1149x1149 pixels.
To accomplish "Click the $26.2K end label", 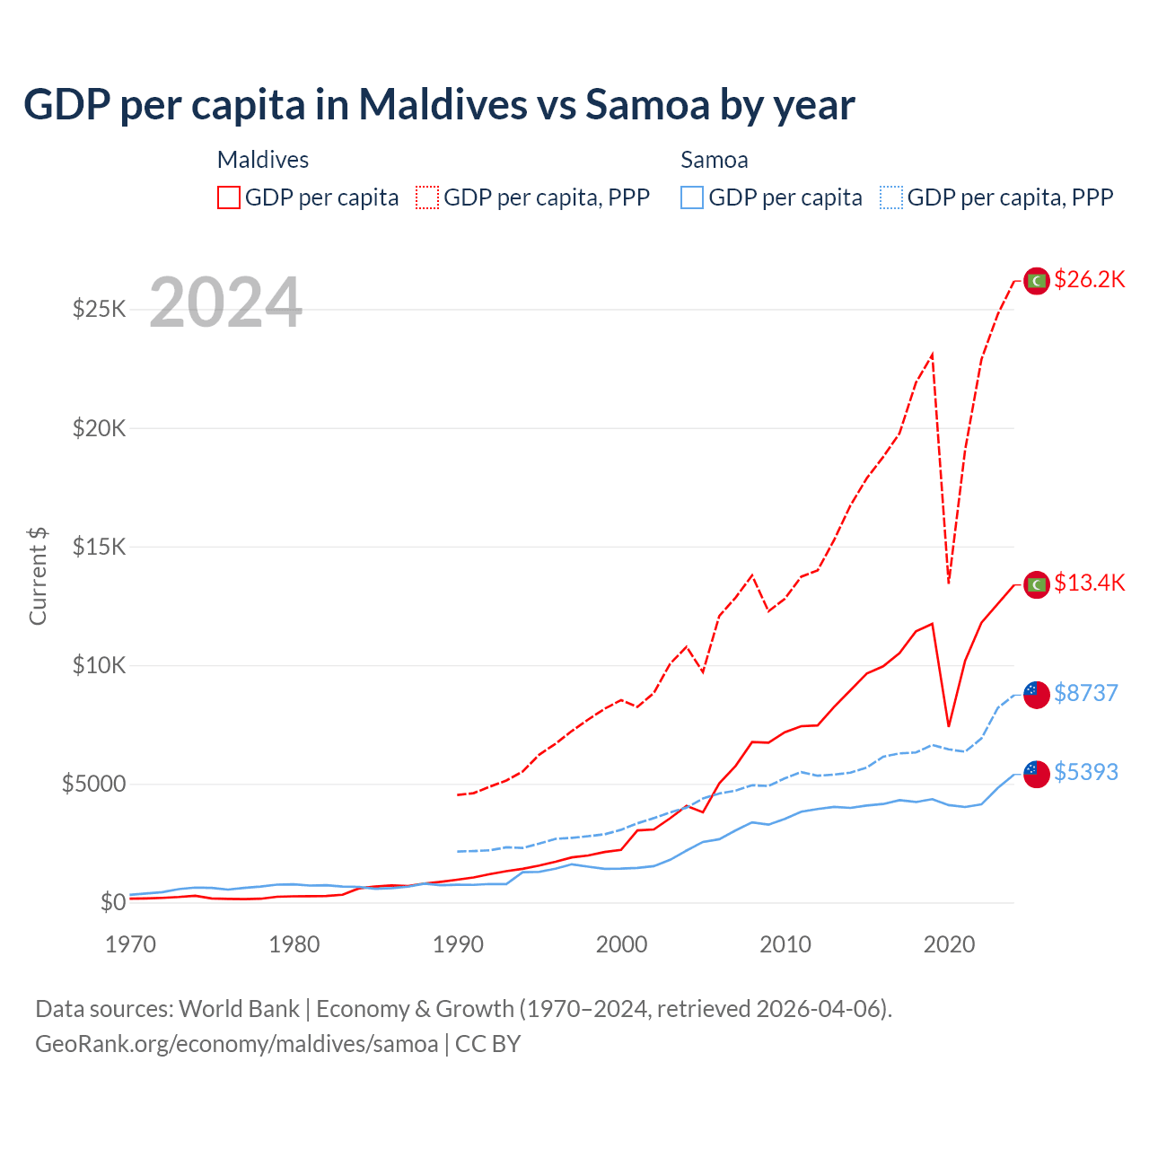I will pos(1089,279).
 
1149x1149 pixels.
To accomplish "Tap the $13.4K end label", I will pos(1089,583).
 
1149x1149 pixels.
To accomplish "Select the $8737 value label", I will pos(1085,693).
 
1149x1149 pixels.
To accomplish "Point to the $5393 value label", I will pos(1085,772).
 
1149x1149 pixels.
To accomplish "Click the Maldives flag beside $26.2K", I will pos(1037,281).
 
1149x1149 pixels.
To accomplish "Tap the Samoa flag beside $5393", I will pos(1037,774).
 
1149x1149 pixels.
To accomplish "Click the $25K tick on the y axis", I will pos(99,310).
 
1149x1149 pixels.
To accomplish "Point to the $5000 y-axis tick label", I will pos(93,784).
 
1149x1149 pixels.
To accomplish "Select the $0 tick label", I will pos(112,902).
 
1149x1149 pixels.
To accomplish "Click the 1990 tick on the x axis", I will pos(458,944).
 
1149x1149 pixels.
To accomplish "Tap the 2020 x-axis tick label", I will pos(949,944).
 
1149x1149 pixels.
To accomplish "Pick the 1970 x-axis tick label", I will pos(130,944).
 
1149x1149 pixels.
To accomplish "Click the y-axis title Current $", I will pos(38,576).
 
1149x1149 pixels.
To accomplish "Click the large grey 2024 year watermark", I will pos(225,303).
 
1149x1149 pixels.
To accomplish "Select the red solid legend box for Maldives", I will pos(229,197).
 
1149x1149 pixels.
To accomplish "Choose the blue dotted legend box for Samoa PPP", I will pos(891,197).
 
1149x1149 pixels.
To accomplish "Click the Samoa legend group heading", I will pos(714,160).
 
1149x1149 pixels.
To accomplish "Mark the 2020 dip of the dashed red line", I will pos(949,582).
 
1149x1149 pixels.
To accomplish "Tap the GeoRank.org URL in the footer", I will pos(236,1044).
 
